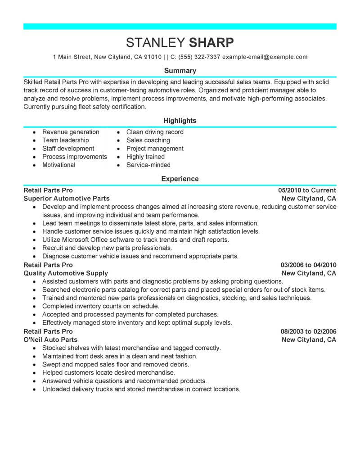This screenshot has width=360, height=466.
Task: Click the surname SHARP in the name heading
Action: (x=211, y=43)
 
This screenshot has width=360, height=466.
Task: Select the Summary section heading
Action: (x=180, y=71)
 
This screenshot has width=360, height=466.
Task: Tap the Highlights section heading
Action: (x=180, y=121)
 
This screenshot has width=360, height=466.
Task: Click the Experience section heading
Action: (x=180, y=179)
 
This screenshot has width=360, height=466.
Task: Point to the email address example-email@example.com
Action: (x=265, y=57)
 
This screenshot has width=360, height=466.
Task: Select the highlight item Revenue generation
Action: (x=71, y=132)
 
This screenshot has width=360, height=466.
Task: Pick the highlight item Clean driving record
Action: (x=155, y=132)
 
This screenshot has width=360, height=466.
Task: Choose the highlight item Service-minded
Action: (x=148, y=165)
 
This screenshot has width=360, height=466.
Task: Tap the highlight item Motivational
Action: (x=59, y=165)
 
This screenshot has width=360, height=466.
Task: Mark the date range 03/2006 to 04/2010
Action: (x=308, y=265)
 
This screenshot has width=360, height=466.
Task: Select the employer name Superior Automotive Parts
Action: (x=66, y=199)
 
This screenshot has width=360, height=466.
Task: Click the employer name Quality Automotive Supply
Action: (x=66, y=273)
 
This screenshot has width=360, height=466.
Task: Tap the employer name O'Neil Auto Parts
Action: (x=50, y=340)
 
